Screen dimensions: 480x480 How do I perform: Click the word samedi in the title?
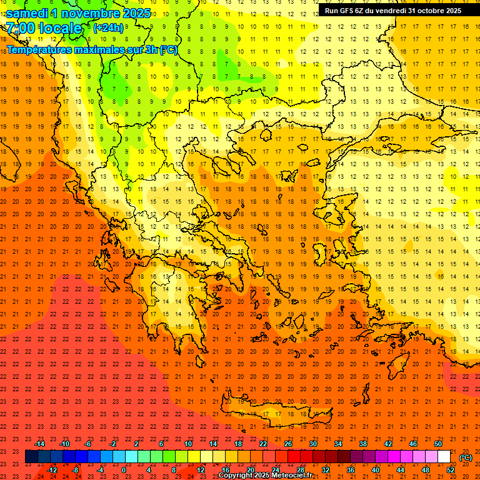27,13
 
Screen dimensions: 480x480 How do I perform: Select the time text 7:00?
21,28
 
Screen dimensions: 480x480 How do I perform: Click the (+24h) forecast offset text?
108,28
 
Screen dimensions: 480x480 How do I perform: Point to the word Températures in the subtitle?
39,49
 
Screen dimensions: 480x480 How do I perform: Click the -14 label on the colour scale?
39,444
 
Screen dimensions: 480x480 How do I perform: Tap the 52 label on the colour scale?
451,470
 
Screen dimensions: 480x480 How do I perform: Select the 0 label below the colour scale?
124,470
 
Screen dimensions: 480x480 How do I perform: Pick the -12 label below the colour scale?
52,470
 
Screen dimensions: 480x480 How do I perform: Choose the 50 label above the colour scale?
438,444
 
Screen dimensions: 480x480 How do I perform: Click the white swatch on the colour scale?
444,457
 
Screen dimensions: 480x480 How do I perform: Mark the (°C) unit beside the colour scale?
466,457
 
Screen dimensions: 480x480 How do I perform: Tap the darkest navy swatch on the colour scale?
31,457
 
